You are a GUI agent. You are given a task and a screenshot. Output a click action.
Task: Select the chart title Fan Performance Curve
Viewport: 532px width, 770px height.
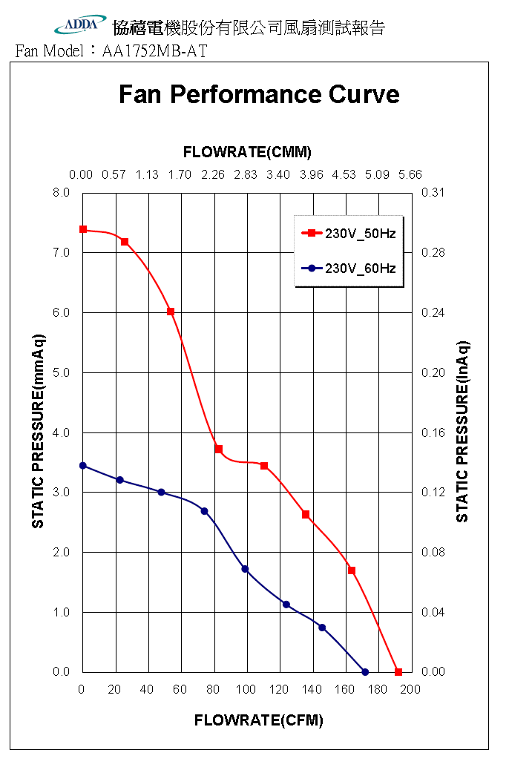point(259,94)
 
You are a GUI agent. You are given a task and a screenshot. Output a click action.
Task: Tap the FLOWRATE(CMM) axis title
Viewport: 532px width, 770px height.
point(247,152)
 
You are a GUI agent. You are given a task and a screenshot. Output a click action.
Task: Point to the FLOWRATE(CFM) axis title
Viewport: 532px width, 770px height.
point(258,720)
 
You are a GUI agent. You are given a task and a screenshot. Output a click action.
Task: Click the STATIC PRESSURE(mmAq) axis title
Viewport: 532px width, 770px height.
point(38,432)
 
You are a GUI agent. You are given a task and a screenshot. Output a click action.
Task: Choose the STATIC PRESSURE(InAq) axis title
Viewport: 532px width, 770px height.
point(462,432)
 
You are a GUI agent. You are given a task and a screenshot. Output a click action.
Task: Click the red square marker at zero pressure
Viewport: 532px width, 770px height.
point(398,672)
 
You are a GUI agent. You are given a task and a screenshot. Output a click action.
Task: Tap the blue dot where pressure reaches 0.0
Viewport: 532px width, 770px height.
point(365,672)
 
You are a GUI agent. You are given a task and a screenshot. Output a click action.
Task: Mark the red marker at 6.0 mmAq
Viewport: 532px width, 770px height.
point(171,312)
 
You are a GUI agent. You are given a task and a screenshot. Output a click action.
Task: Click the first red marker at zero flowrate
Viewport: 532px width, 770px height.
point(83,229)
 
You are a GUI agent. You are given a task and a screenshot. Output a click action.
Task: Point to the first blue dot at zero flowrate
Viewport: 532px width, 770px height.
point(83,466)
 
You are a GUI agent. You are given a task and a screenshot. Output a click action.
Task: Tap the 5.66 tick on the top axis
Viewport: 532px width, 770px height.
point(410,175)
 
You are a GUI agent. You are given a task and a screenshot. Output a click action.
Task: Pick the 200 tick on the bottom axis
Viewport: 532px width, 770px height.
point(410,690)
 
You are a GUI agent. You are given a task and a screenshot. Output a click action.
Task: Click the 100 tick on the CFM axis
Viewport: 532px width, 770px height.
point(246,690)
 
